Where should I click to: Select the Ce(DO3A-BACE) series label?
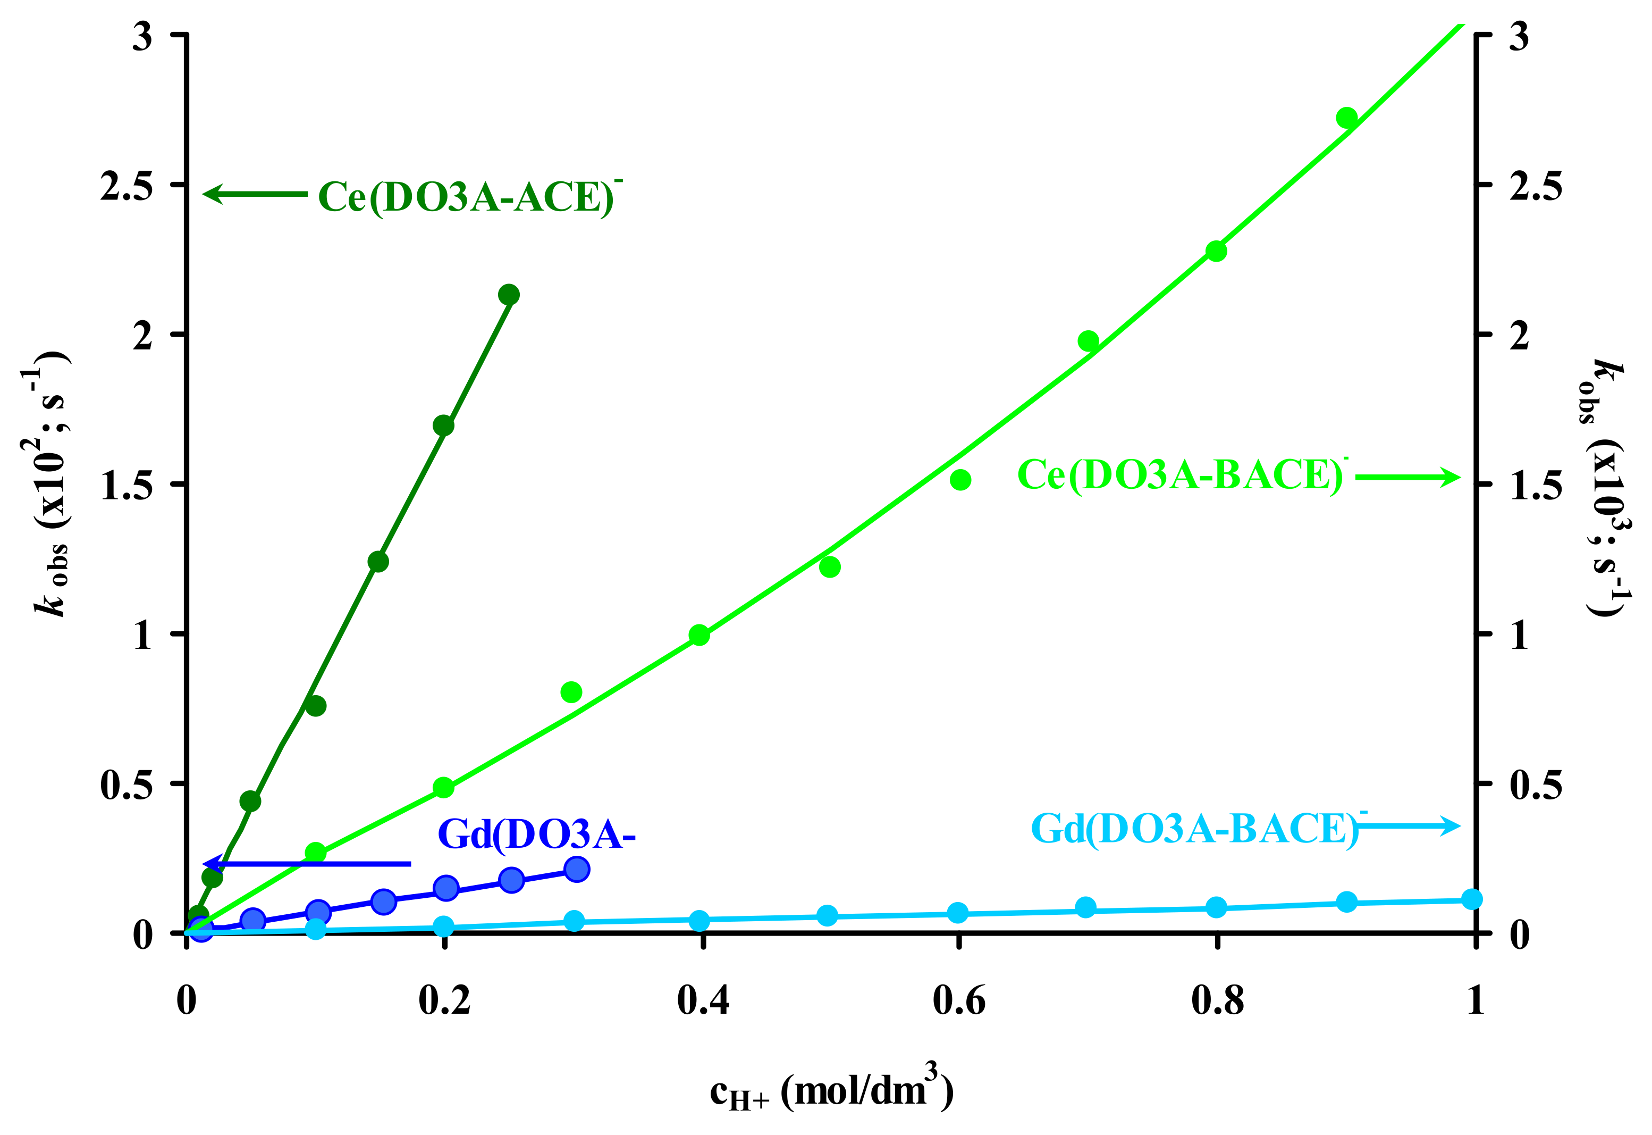[1180, 475]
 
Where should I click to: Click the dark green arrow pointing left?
[256, 194]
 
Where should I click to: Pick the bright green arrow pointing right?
[1407, 477]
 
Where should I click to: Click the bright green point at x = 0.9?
[1347, 118]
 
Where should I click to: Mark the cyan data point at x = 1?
[1472, 899]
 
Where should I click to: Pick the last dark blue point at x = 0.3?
[577, 869]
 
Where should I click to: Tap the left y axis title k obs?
[50, 483]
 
